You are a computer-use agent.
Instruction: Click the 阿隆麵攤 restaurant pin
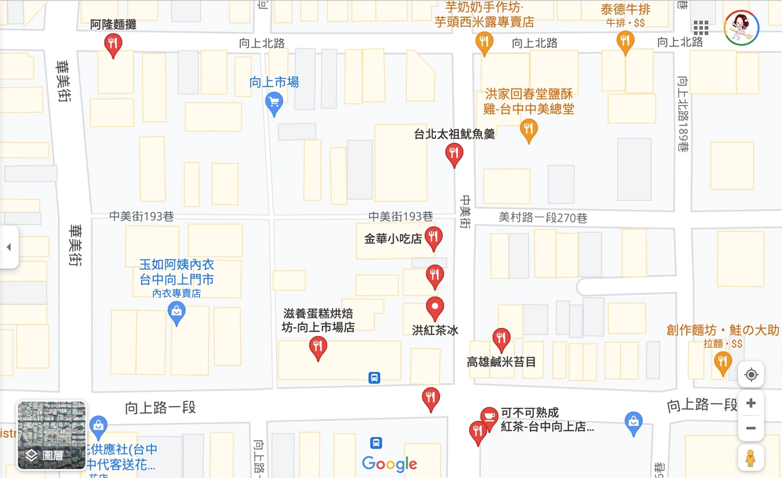[113, 44]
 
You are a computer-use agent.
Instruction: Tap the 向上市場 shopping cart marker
[274, 103]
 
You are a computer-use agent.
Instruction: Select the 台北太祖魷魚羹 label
[454, 134]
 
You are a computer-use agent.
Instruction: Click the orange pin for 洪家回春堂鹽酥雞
[529, 129]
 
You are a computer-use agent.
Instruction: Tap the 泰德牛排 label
[625, 10]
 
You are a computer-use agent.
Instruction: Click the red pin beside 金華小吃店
[434, 238]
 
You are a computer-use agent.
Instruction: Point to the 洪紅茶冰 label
[435, 330]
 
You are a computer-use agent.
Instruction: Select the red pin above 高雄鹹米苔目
[501, 338]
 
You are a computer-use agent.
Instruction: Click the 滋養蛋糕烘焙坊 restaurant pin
[318, 347]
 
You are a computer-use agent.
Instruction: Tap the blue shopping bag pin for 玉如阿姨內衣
[177, 313]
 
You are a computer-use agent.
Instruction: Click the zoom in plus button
[751, 403]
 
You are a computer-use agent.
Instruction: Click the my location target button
[751, 374]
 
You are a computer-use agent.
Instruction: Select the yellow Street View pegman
[750, 458]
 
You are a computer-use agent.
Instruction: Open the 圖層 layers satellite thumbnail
[52, 435]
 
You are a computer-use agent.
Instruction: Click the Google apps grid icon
[701, 28]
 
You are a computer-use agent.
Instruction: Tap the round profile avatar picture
[741, 28]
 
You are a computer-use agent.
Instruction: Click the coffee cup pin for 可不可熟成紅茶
[489, 416]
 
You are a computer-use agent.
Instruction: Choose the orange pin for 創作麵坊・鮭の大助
[723, 362]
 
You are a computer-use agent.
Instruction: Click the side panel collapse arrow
[9, 247]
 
